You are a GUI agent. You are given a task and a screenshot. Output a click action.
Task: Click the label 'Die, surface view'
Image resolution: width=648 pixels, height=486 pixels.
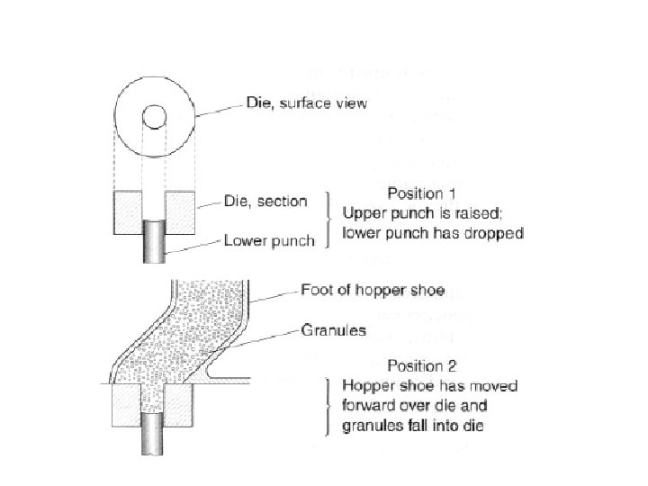tap(306, 103)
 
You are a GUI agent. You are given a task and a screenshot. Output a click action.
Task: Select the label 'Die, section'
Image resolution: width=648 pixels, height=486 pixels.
tap(265, 201)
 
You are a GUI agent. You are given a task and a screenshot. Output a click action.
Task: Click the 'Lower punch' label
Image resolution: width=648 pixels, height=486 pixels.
tap(268, 240)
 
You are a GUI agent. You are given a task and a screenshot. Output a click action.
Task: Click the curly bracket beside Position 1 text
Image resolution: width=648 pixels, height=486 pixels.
tap(328, 216)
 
